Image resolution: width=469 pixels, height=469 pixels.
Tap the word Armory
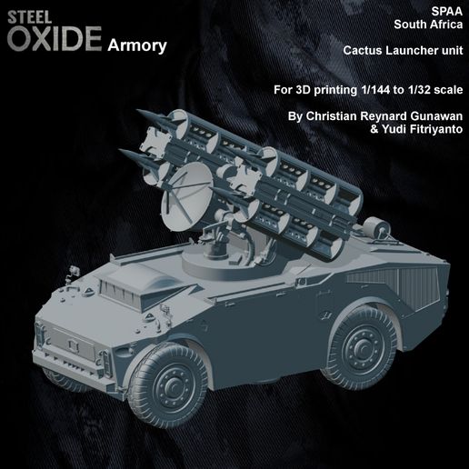[136, 45]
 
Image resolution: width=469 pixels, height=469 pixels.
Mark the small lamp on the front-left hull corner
[69, 273]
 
